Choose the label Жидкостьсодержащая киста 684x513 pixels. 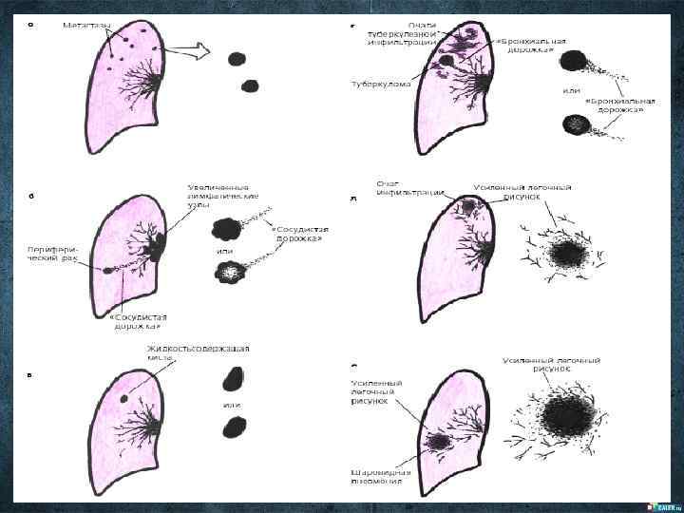coord(198,352)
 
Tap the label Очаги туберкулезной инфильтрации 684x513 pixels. coord(403,33)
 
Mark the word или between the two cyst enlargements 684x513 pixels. coord(232,405)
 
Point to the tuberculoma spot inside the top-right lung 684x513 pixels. coord(445,61)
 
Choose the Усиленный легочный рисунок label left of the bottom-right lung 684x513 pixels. coord(370,391)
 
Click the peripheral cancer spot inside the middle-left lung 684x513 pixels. coord(109,270)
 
